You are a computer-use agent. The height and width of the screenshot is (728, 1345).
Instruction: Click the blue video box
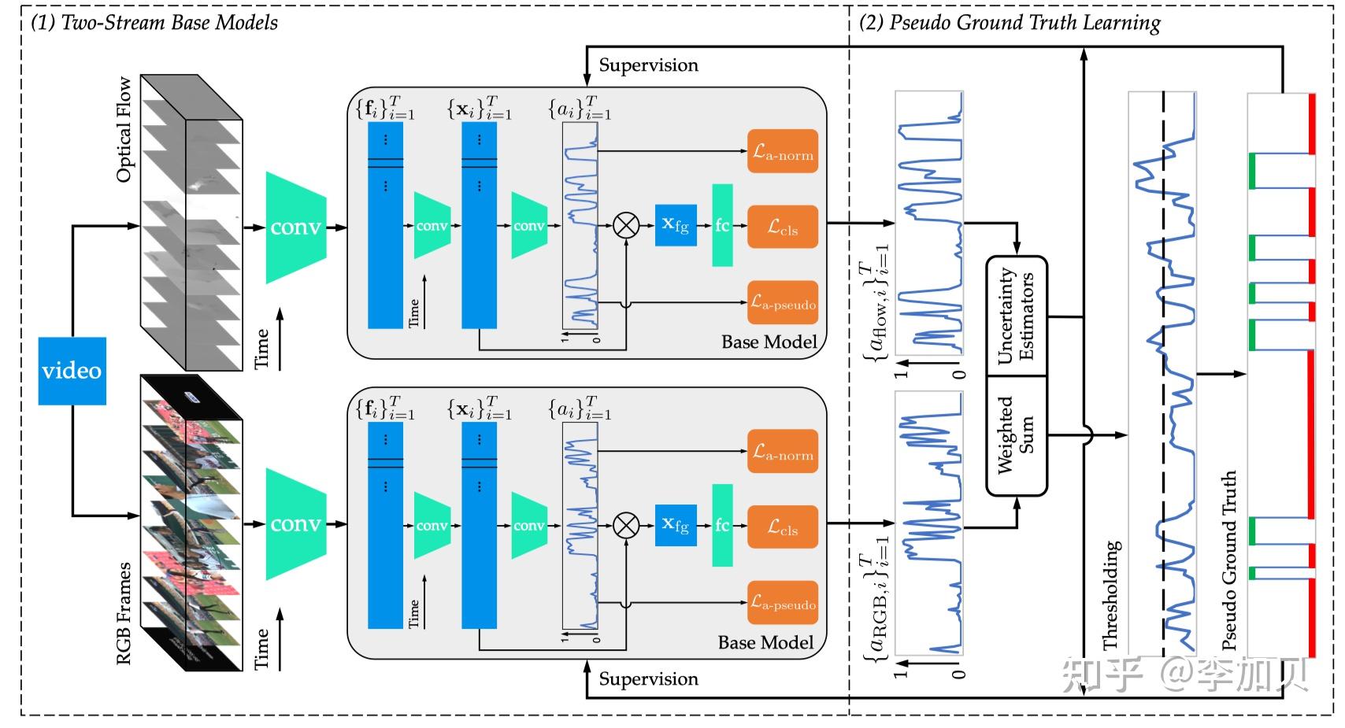[72, 371]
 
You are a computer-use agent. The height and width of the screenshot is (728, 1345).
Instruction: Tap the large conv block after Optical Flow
[296, 227]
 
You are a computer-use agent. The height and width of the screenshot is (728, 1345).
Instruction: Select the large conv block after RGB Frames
[296, 524]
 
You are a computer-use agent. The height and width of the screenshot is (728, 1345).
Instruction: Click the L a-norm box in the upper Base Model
[783, 152]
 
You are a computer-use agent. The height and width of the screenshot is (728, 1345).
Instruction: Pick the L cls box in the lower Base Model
[783, 527]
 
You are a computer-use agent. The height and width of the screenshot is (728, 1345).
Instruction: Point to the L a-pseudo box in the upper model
[783, 303]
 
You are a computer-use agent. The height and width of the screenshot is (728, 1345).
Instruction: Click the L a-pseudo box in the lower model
[783, 603]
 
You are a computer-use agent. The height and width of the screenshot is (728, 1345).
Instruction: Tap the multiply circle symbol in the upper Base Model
[626, 226]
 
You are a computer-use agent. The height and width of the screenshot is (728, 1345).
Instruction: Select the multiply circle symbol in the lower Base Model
[626, 526]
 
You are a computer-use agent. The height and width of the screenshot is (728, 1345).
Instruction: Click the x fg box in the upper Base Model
[676, 225]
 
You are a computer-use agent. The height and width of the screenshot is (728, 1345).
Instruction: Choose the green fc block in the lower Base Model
[722, 526]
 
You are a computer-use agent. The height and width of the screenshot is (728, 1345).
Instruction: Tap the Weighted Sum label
[1016, 435]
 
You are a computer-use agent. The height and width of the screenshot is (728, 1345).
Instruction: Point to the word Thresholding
[1111, 595]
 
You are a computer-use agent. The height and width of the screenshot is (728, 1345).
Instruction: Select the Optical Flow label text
[124, 130]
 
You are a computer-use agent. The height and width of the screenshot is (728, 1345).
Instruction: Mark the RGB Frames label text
[124, 613]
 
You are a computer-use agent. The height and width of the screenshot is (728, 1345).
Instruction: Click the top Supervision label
[648, 65]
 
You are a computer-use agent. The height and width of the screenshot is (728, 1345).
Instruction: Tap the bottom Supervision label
[648, 679]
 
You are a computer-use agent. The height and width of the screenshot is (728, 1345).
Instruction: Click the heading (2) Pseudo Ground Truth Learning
[1010, 23]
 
